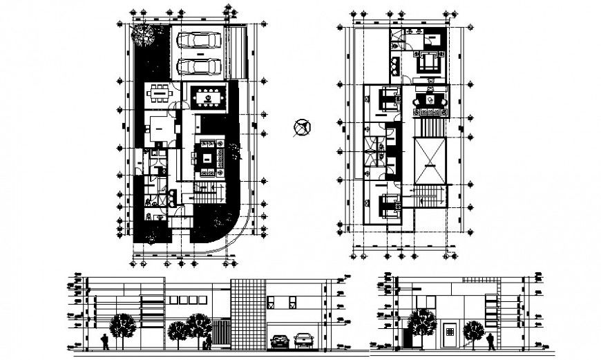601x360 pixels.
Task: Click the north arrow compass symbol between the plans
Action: [302, 128]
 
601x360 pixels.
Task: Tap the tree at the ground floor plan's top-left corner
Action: [145, 34]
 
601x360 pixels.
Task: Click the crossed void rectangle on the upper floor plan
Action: [430, 160]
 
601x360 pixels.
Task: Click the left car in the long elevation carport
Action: [280, 341]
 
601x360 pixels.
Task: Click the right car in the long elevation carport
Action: [303, 340]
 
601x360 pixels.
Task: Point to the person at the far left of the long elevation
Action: [104, 341]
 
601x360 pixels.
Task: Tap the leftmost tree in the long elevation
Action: [122, 326]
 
